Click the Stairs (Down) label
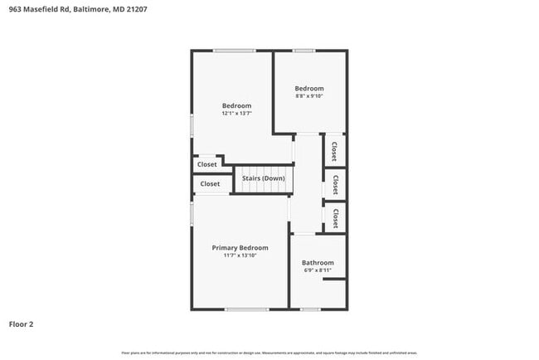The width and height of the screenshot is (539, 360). pos(263,178)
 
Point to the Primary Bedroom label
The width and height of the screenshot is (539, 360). pos(240,248)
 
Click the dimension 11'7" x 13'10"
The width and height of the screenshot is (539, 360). pos(240,256)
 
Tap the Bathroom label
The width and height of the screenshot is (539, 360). pos(318,262)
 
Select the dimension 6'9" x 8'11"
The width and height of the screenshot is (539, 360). pos(318,270)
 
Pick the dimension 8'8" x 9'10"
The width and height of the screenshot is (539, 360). pos(309,96)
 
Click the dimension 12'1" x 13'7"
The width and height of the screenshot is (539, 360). pos(236,114)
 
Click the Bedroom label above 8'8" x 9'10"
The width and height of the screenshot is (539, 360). pos(309,88)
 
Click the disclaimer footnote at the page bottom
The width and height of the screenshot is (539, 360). pos(269,353)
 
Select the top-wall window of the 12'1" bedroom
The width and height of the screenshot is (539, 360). pos(233,51)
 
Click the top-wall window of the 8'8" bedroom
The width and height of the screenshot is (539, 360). pos(303,51)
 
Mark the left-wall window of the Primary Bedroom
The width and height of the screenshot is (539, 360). pos(192,214)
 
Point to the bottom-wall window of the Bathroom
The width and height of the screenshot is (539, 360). pos(310,309)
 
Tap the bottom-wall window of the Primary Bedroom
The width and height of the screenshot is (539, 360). pos(246,309)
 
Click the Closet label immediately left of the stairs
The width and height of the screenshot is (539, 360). pos(210,184)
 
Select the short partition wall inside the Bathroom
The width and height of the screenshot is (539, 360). pos(334,280)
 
